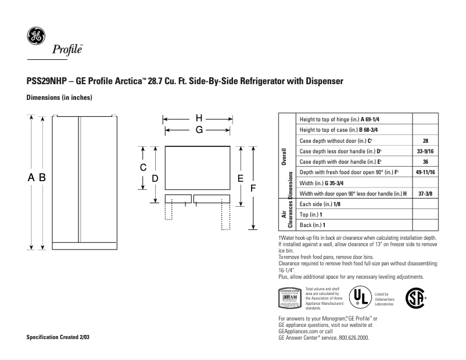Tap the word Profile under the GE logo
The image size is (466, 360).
68,49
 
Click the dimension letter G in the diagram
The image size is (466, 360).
199,131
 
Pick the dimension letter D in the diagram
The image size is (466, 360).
155,179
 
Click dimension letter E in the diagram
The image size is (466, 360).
240,179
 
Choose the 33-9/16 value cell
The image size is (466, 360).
425,152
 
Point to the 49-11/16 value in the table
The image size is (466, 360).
425,172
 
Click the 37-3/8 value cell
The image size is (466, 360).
425,193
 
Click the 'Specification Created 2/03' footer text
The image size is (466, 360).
59,337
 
